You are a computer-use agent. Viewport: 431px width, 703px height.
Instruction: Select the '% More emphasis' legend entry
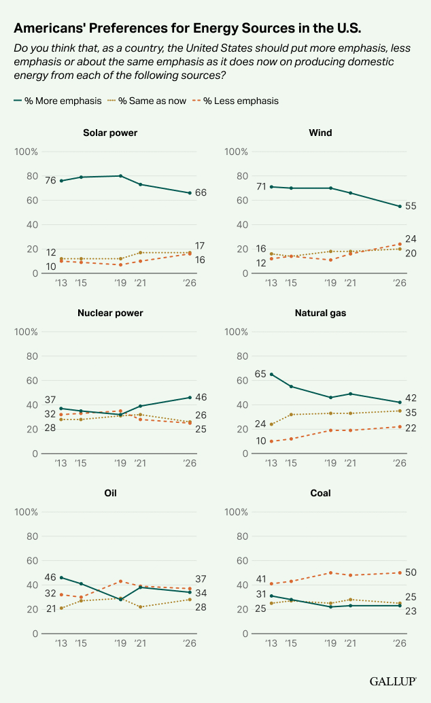point(57,101)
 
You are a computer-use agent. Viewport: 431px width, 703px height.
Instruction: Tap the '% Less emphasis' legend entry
point(235,101)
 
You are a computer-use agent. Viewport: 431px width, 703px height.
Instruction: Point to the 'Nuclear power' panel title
point(110,313)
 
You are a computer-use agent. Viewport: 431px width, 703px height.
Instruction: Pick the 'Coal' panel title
point(320,493)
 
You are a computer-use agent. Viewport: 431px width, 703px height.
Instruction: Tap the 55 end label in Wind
point(411,206)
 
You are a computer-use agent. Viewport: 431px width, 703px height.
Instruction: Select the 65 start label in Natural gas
point(260,374)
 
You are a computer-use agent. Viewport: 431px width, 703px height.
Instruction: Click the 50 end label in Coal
point(411,572)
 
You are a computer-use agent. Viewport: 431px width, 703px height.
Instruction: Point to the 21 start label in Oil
point(50,608)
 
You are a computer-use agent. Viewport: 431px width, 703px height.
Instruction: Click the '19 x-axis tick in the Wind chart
point(330,282)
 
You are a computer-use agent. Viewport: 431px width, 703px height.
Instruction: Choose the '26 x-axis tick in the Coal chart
point(400,642)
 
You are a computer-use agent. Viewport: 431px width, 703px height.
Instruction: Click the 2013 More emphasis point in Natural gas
point(271,374)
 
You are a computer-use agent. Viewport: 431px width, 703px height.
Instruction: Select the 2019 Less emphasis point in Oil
point(120,581)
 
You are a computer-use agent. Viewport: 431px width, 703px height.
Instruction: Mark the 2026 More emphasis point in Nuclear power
point(190,398)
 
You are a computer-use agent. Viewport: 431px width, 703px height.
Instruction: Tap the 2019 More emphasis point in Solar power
point(120,176)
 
